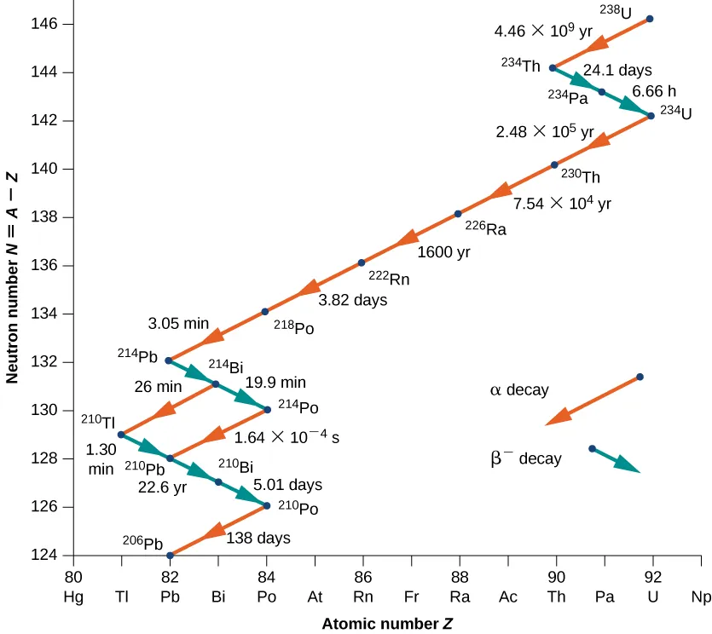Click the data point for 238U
[x=650, y=19]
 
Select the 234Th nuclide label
[x=520, y=63]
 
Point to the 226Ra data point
[x=458, y=214]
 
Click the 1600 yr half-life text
[x=443, y=252]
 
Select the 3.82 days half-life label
[x=352, y=300]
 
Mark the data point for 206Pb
[x=170, y=555]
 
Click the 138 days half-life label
[x=258, y=539]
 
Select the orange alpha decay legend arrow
[x=593, y=400]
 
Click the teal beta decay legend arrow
[x=614, y=458]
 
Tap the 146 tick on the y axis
[x=55, y=23]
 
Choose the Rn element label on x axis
[x=363, y=597]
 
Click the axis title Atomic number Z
[x=386, y=624]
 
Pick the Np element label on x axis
[x=701, y=597]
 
